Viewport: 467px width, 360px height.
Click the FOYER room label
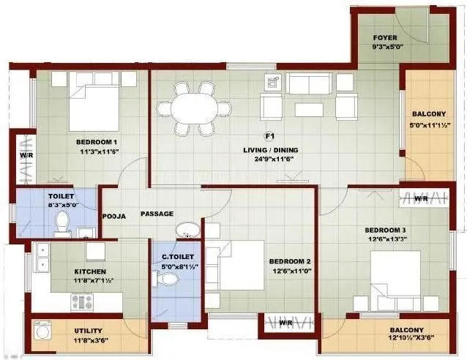(385, 38)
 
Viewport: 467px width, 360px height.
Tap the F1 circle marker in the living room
(269, 135)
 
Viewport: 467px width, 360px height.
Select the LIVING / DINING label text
(271, 151)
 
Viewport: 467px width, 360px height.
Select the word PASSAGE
(157, 214)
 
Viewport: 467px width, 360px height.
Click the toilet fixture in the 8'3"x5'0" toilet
(62, 222)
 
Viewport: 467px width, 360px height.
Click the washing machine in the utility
(43, 332)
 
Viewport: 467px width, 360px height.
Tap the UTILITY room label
(88, 331)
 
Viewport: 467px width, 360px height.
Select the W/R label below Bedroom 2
(288, 322)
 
